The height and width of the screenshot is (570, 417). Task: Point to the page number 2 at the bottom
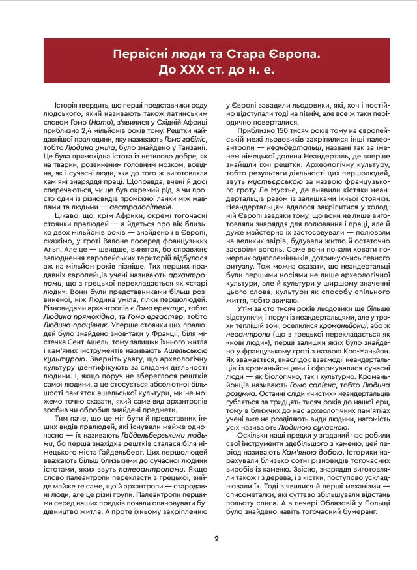(x=216, y=539)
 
